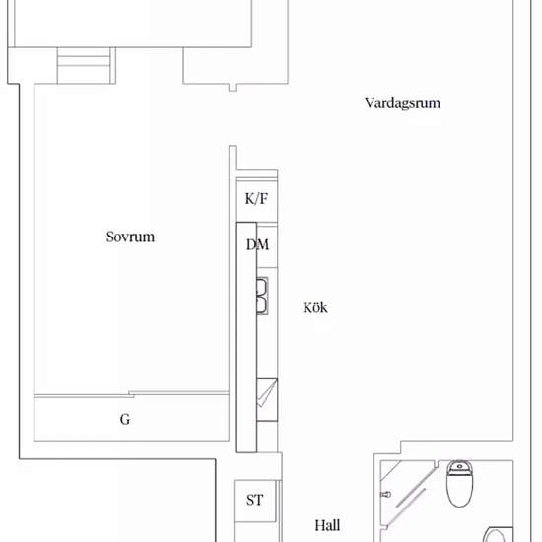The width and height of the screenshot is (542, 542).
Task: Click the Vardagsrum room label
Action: click(x=402, y=103)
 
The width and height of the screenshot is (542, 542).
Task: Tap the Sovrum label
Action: click(x=130, y=237)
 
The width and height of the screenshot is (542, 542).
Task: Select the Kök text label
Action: click(x=315, y=307)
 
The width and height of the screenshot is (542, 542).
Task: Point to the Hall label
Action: click(x=327, y=526)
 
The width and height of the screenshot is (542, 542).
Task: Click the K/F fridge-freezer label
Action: click(x=256, y=199)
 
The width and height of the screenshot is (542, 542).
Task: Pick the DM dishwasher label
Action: click(x=257, y=244)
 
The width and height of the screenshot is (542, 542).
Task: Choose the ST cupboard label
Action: click(x=255, y=500)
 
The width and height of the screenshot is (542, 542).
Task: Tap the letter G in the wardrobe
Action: click(x=125, y=419)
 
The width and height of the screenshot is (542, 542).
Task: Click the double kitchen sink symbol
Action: click(x=262, y=296)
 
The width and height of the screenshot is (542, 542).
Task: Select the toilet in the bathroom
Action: click(x=459, y=483)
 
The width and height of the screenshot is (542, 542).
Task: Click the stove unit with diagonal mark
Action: click(x=267, y=399)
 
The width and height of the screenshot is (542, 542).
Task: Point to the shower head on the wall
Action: click(x=385, y=495)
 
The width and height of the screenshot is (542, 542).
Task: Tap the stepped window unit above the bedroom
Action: click(x=84, y=66)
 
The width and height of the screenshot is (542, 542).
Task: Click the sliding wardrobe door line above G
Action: click(x=131, y=394)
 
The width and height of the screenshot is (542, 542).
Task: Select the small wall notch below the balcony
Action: click(x=233, y=88)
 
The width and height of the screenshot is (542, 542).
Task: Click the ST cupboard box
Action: click(x=255, y=501)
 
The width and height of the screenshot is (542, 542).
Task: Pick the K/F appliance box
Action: click(x=256, y=200)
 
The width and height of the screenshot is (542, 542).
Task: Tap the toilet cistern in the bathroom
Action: click(x=459, y=466)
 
